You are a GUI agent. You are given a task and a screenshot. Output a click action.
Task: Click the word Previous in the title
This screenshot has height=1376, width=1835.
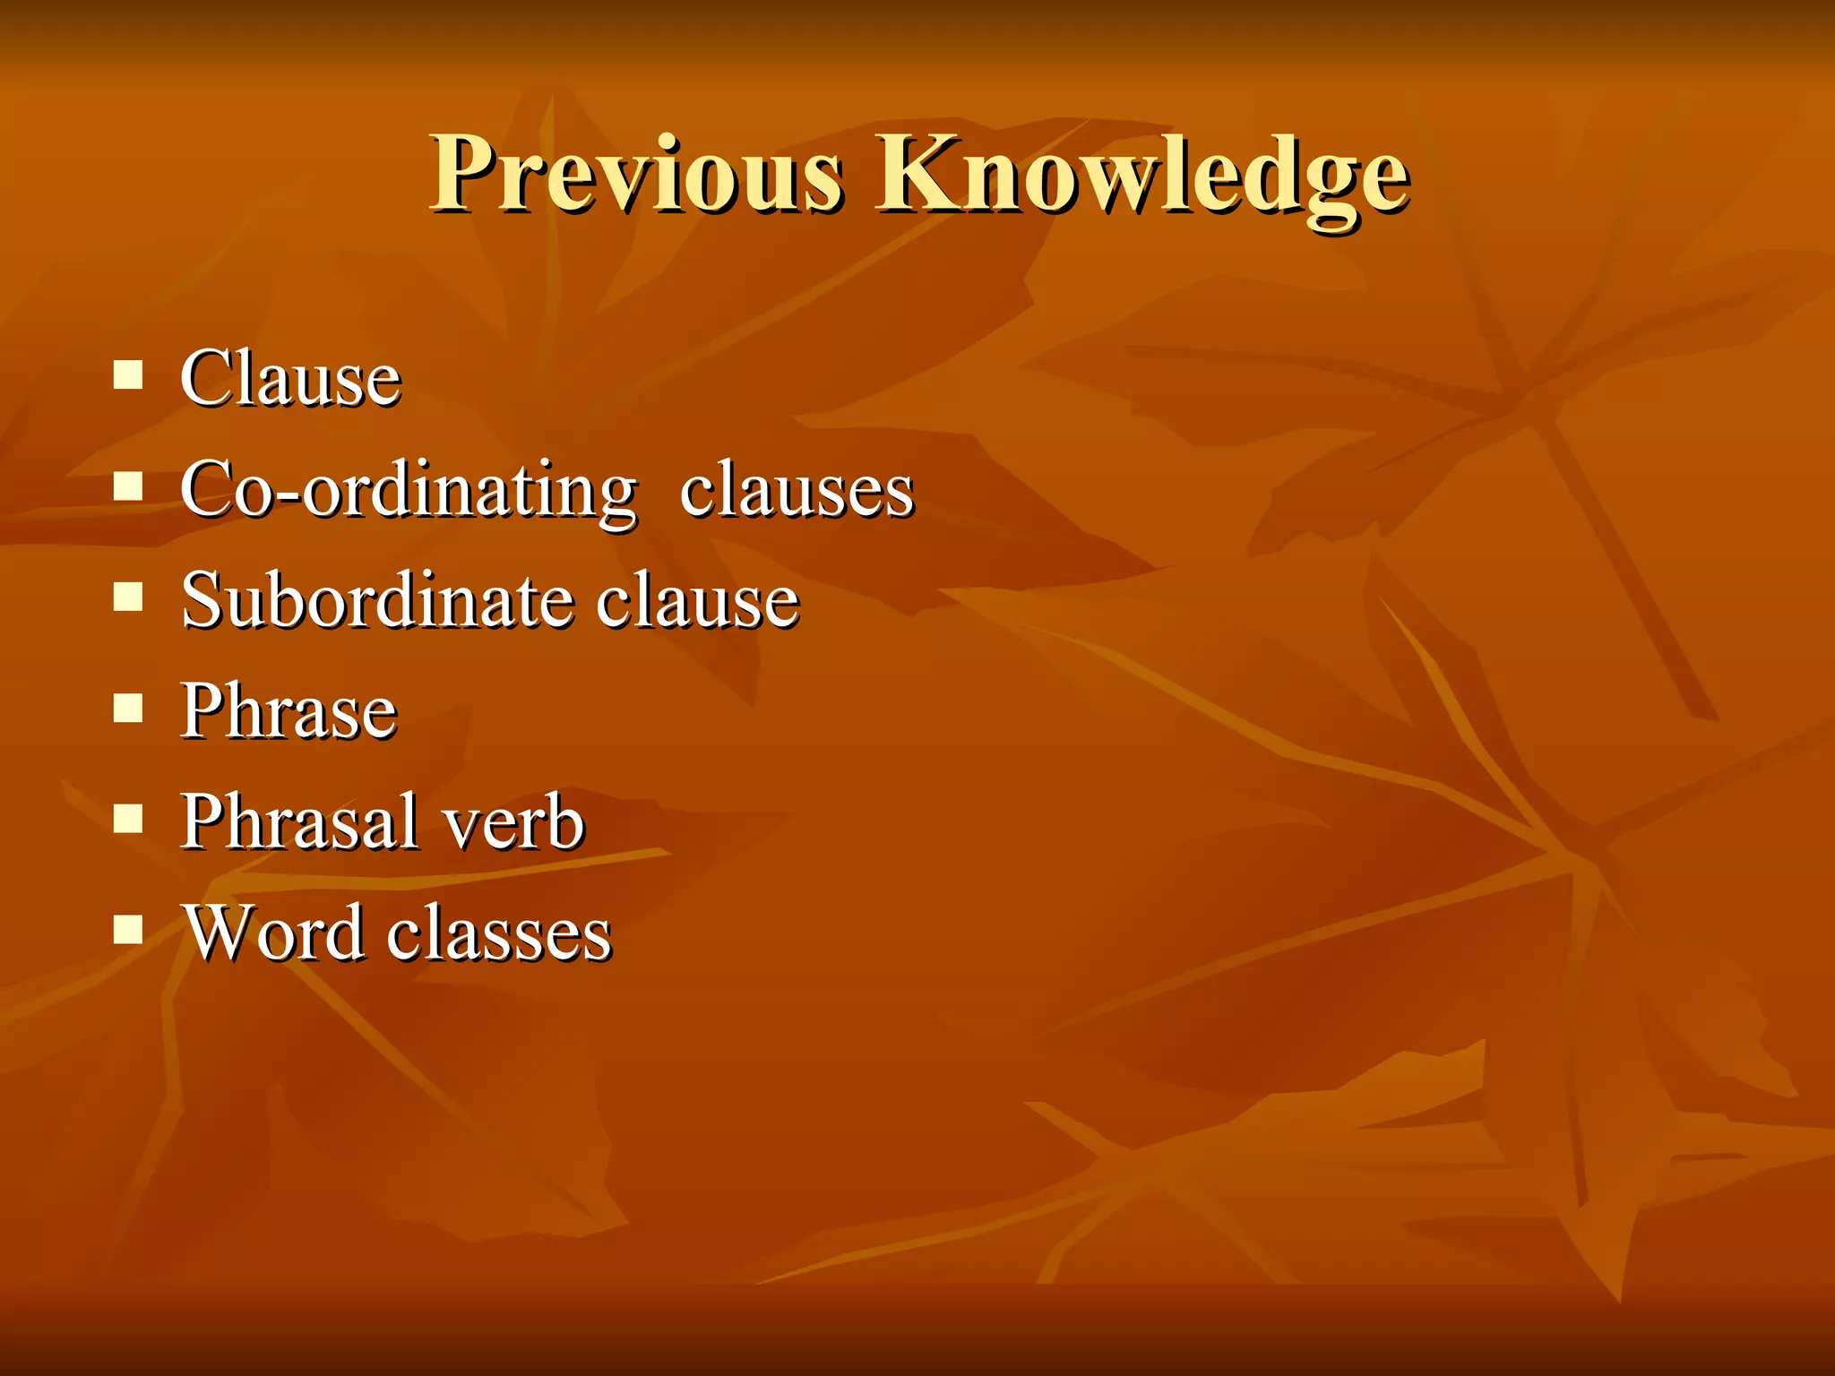pos(636,175)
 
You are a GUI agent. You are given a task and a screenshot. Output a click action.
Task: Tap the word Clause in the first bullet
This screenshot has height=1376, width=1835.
pos(290,380)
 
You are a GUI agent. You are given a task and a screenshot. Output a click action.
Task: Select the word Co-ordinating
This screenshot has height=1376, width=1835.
pos(409,491)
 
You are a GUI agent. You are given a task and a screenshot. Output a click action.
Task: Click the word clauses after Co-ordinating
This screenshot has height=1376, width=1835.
pos(797,491)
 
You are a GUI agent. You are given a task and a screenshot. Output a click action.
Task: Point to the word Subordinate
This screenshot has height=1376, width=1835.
pos(376,601)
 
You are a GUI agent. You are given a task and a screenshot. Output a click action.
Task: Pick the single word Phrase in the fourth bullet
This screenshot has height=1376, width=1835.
pos(289,712)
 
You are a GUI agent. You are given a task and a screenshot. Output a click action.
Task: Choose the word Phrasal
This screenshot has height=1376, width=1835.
pos(299,822)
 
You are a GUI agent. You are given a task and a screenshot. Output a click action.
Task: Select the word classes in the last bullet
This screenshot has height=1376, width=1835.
pos(499,933)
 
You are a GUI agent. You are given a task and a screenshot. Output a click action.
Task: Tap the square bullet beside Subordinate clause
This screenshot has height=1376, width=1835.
pos(129,597)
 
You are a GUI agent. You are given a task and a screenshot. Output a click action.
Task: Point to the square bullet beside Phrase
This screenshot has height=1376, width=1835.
pos(129,708)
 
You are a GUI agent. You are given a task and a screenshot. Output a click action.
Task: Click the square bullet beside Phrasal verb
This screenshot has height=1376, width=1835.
pos(129,818)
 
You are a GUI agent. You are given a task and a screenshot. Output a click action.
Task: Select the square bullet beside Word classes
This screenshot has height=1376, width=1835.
pos(129,929)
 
